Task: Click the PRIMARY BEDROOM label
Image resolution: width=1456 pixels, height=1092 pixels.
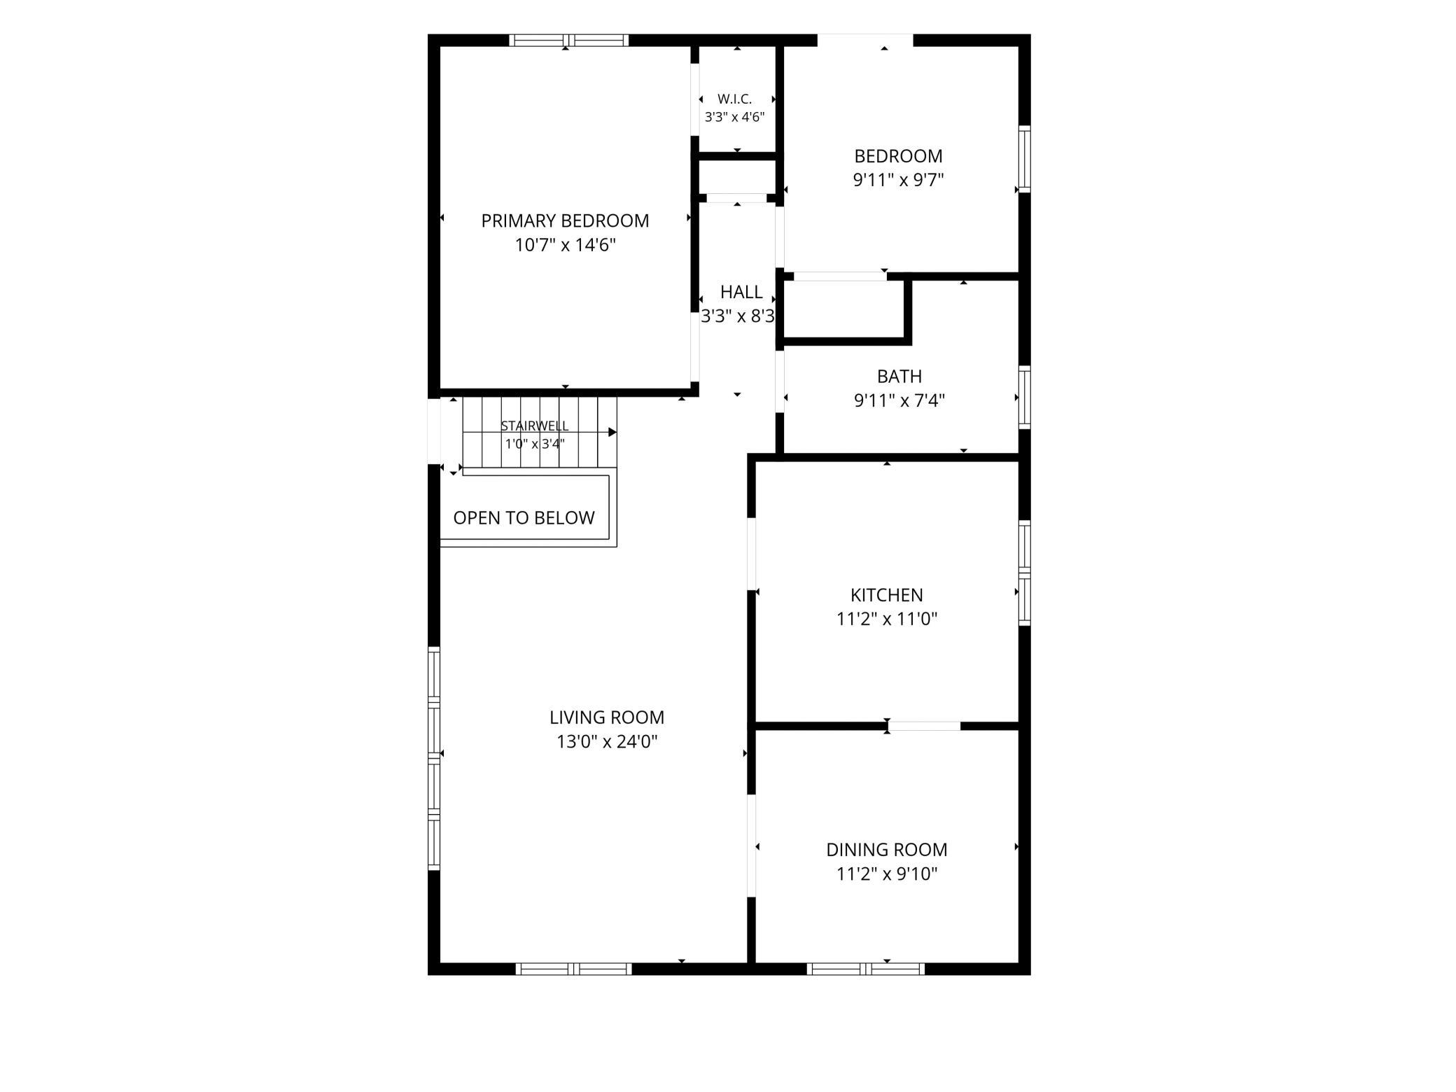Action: point(565,221)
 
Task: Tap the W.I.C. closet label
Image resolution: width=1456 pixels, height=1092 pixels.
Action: point(734,99)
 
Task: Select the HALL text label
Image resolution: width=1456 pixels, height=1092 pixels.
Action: point(741,292)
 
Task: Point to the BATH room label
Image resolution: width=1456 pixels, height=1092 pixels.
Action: point(899,377)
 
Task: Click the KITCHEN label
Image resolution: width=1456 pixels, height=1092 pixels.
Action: point(887,595)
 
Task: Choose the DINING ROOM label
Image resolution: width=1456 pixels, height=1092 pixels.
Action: point(887,850)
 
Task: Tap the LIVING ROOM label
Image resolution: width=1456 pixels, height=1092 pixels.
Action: point(607,717)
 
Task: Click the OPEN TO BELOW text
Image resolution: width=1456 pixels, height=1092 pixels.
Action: point(524,518)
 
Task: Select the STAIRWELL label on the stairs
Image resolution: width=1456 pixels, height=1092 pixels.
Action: point(535,426)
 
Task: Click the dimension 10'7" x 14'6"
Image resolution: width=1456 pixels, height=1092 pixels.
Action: point(566,245)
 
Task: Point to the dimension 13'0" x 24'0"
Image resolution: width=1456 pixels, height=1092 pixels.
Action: point(607,741)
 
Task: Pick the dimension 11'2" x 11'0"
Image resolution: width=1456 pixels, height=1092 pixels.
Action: point(887,619)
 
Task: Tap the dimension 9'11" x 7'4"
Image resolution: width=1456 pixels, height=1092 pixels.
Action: point(899,400)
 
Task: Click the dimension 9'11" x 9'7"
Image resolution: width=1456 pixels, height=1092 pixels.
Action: point(898,180)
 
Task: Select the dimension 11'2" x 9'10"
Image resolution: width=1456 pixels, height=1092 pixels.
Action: point(887,874)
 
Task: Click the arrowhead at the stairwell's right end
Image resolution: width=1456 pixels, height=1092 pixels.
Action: point(612,432)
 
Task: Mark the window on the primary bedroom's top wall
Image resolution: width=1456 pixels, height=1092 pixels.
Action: point(568,40)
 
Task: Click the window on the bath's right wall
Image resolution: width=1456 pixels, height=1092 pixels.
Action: point(1024,397)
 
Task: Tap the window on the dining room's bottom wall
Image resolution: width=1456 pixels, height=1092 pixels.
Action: point(866,969)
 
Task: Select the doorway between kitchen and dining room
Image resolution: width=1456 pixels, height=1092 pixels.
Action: point(924,726)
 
